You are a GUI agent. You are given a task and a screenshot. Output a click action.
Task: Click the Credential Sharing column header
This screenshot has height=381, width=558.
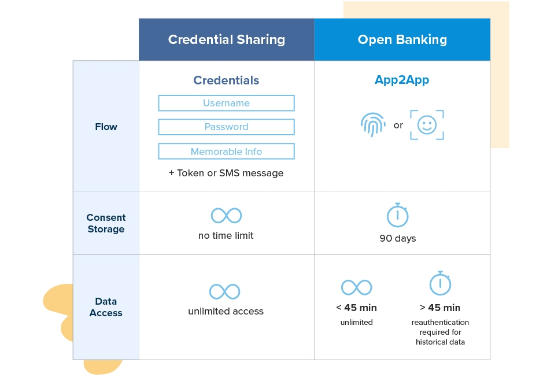pos(226,39)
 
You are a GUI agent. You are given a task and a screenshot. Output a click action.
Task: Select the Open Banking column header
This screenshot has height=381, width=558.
pos(402,39)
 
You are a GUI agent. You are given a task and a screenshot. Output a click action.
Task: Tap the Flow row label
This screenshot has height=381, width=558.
pos(106,127)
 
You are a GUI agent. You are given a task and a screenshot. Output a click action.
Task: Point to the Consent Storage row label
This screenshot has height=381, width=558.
pos(106,223)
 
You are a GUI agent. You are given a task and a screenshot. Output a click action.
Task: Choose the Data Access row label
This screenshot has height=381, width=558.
pos(106,307)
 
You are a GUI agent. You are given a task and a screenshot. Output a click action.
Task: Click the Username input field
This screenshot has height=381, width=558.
pos(226,103)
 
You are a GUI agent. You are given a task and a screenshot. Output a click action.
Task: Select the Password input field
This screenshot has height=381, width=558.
pos(226,127)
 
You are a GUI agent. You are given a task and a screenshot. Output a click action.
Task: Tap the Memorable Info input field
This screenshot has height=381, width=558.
pos(226,151)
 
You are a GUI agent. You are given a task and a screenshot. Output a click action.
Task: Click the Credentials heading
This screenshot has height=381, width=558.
pos(226,80)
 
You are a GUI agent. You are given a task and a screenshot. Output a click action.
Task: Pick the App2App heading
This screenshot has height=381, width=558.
pos(402,80)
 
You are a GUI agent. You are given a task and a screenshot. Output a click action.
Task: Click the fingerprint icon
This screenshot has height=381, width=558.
pos(372,125)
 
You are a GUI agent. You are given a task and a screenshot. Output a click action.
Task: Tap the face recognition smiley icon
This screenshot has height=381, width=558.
pos(427,125)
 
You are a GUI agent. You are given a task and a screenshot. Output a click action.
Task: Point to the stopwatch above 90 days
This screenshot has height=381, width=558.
pos(397,215)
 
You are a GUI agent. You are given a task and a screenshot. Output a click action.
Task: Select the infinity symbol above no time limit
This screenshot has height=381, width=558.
pos(226,216)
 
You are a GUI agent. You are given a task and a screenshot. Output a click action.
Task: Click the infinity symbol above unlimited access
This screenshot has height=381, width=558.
pos(224,291)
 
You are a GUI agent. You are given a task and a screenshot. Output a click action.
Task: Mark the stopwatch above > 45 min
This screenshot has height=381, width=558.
pos(440,283)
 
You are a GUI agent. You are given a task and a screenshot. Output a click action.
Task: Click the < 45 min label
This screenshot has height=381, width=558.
pos(356,308)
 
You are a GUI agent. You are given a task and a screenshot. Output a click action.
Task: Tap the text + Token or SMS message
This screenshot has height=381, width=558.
pos(226,173)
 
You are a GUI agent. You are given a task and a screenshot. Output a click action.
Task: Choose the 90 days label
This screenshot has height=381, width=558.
pos(397,238)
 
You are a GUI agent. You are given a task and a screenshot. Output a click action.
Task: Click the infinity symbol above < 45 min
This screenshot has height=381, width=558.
pos(356,287)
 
